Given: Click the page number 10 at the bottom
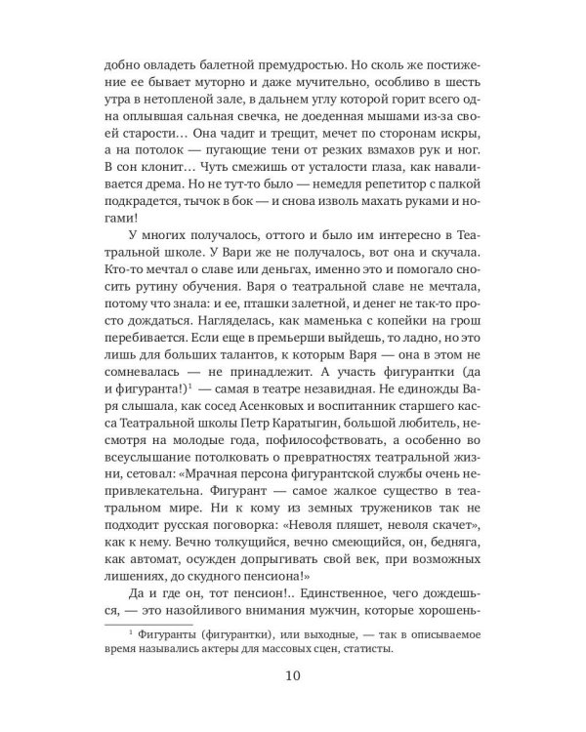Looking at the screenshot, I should point(293,674).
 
